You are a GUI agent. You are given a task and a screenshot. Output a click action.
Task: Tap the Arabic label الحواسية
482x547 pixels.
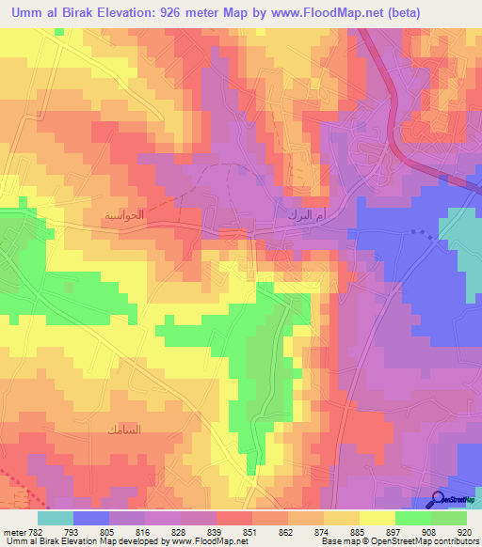(x=124, y=215)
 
